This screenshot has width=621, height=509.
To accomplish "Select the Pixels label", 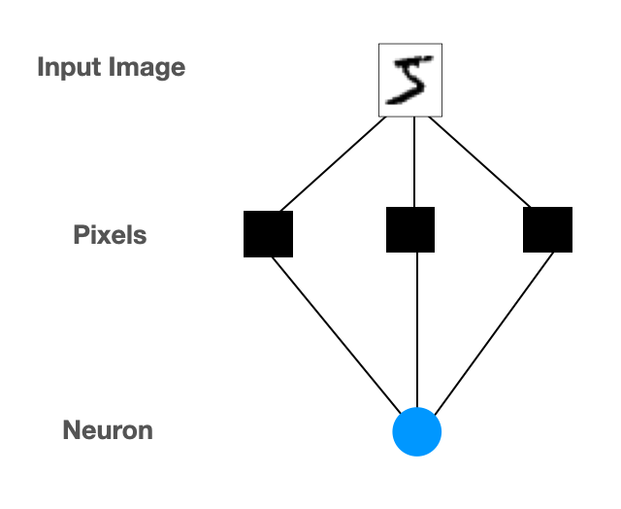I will click(110, 234).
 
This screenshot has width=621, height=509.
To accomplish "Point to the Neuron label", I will click(108, 429).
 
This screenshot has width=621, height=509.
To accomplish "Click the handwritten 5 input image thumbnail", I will click(409, 80).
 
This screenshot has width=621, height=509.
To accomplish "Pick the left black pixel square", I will click(268, 233).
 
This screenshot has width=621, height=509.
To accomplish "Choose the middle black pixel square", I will click(410, 230).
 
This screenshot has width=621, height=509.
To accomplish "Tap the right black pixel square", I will click(547, 230).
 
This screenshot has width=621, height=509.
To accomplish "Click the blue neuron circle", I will click(417, 432).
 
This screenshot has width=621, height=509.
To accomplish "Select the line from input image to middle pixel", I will click(415, 161).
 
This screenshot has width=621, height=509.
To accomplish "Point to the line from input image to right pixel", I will click(479, 162).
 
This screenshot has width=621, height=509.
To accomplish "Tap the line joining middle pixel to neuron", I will click(416, 330).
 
